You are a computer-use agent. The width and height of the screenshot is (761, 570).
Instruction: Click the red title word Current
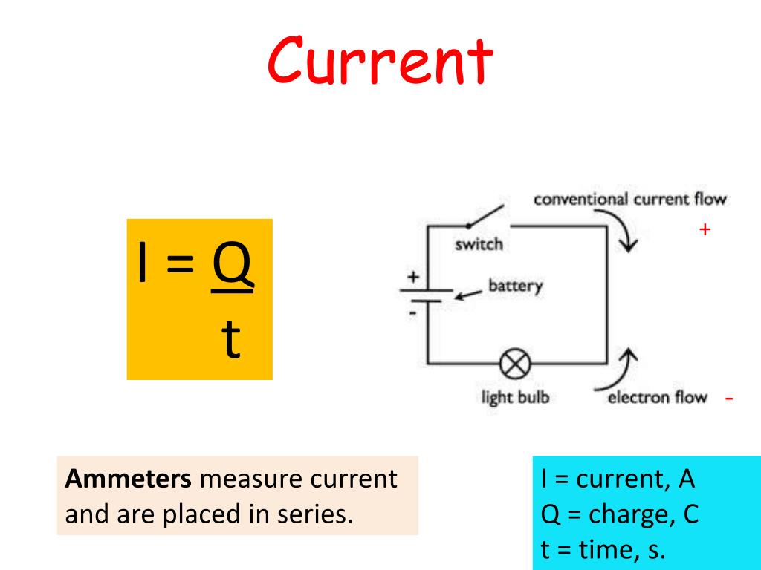tap(380, 62)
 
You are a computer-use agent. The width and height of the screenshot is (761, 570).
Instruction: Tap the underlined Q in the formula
tap(233, 267)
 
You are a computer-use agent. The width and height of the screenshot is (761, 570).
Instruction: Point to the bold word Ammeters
tap(129, 479)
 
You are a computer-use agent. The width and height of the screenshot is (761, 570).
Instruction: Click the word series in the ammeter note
tap(315, 514)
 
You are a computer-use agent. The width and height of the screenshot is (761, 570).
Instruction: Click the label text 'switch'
tap(479, 243)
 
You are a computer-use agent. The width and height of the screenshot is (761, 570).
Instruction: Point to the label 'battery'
tap(515, 286)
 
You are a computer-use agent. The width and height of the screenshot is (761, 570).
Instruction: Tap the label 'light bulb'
tap(515, 397)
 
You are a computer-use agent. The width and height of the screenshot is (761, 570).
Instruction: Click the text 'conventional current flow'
tap(630, 199)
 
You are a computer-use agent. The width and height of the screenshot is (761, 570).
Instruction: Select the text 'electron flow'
tap(657, 397)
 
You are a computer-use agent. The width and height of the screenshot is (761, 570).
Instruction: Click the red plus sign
tap(705, 230)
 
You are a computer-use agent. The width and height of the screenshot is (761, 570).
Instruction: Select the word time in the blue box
tap(606, 551)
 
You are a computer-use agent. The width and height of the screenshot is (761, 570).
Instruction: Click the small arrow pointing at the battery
tap(467, 295)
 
